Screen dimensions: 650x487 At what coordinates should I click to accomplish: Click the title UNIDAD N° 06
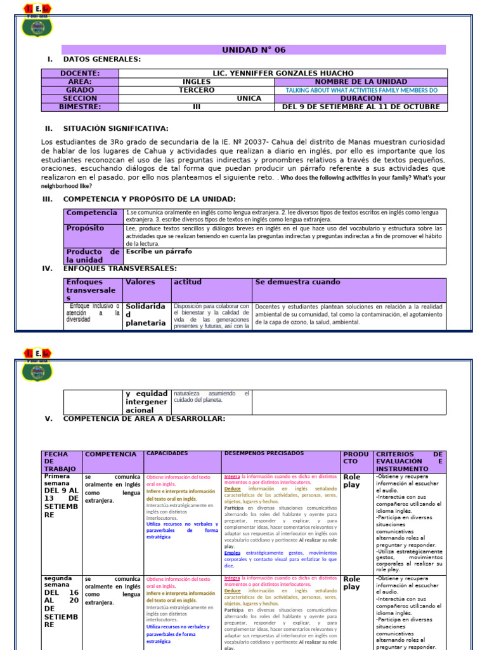click(254, 50)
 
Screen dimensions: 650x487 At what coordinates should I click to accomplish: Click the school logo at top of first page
click(37, 20)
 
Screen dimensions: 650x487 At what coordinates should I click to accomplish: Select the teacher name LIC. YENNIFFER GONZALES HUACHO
click(283, 73)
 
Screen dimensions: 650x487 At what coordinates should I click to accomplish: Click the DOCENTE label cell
click(80, 73)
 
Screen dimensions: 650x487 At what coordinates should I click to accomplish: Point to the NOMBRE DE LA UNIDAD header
click(361, 82)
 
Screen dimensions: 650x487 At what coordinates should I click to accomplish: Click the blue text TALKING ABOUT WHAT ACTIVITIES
click(361, 90)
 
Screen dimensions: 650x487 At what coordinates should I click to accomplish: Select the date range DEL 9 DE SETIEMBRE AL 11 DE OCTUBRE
click(361, 107)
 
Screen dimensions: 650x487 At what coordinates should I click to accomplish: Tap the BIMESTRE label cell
click(80, 107)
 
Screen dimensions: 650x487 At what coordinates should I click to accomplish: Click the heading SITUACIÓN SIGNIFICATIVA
click(115, 128)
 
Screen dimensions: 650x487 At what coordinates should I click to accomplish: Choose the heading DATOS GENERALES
click(101, 59)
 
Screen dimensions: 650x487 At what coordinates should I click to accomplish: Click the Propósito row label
click(86, 228)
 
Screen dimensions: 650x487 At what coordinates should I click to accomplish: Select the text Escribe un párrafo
click(159, 251)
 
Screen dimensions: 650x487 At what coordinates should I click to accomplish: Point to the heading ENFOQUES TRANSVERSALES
click(120, 269)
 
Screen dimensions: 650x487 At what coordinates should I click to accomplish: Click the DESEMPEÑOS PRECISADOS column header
click(263, 453)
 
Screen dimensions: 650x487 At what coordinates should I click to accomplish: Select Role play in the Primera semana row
click(352, 481)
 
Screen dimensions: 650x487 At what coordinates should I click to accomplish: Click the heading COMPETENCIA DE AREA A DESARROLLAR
click(144, 419)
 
